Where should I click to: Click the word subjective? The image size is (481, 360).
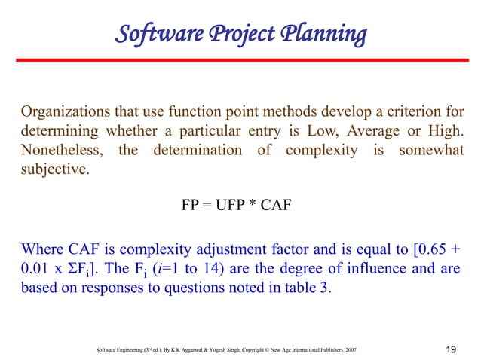tap(53, 169)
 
